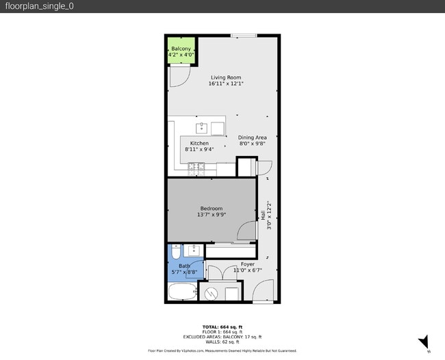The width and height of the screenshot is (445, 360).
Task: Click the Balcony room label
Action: (x=181, y=49)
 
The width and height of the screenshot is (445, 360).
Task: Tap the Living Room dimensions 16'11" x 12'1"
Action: (x=226, y=84)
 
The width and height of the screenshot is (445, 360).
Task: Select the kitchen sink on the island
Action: (x=203, y=127)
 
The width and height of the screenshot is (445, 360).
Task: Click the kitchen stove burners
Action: (x=195, y=166)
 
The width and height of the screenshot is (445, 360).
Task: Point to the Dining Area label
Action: (x=252, y=138)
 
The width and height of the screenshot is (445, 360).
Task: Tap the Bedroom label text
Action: (x=212, y=208)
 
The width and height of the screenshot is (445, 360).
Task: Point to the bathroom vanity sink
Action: (x=194, y=249)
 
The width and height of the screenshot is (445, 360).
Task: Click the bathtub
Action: (x=182, y=294)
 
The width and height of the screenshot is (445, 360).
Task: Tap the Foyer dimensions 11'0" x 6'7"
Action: (x=247, y=270)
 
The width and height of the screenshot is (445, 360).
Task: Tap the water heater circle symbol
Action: (x=212, y=294)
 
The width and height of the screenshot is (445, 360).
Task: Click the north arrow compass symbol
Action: (x=424, y=342)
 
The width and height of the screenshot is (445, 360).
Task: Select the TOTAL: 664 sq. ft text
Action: (x=222, y=327)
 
